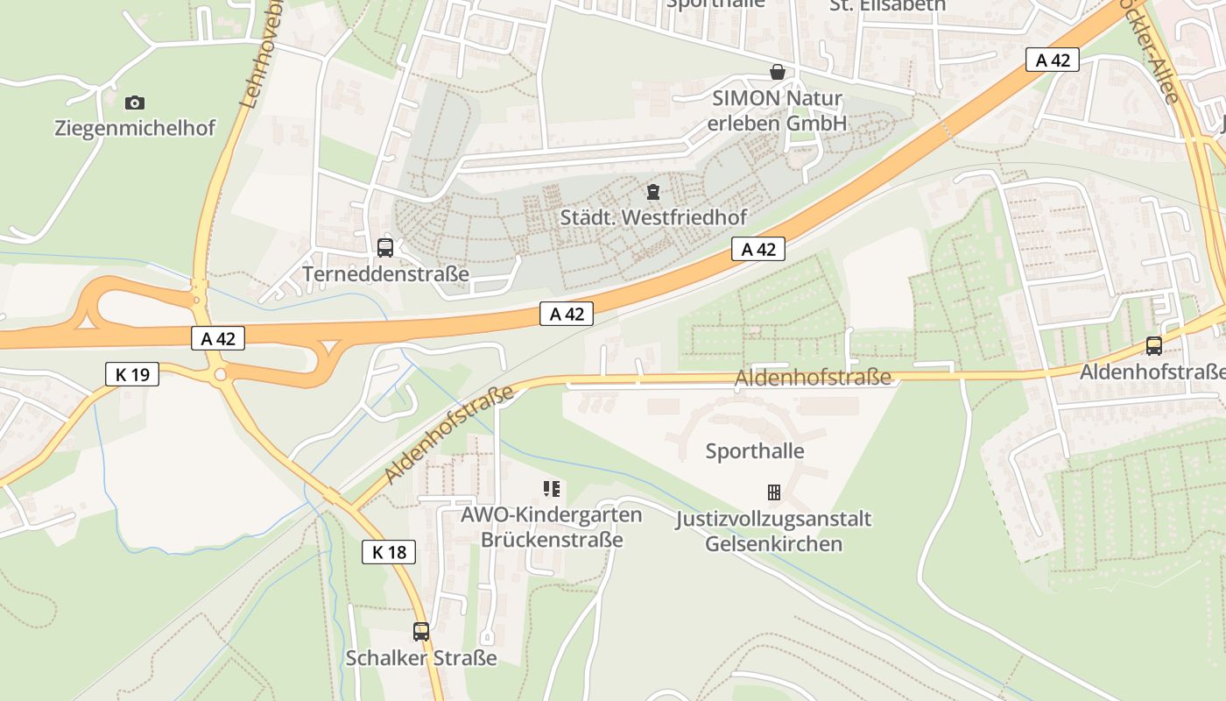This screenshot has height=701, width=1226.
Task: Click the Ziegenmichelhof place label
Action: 135,128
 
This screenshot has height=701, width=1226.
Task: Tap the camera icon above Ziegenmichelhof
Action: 135,103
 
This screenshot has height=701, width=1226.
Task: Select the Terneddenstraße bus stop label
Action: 385,274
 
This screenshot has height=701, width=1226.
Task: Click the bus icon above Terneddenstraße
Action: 385,248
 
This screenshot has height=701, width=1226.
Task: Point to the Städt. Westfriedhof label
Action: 652,216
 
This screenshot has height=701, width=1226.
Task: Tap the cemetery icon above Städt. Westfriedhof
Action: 653,191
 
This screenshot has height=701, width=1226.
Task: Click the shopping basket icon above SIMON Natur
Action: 777,72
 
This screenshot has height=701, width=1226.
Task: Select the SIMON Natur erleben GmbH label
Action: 777,110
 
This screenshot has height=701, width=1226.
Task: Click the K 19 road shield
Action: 132,374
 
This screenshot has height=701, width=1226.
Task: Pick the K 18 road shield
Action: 389,552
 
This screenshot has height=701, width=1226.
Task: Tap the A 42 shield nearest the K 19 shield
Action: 218,338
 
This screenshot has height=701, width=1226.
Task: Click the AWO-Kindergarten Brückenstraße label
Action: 552,527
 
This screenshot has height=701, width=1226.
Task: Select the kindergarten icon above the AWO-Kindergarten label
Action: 552,489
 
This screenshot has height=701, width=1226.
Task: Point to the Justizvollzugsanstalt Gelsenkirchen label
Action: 773,531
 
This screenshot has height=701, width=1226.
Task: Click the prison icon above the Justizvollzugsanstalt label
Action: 774,492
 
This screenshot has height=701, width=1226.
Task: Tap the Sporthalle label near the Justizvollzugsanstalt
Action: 755,451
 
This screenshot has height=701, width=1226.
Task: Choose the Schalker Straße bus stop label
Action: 421,657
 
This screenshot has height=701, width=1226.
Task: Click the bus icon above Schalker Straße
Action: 421,631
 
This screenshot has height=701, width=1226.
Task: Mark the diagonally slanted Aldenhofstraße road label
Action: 448,435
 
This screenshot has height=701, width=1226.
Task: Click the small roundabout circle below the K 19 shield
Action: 220,374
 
